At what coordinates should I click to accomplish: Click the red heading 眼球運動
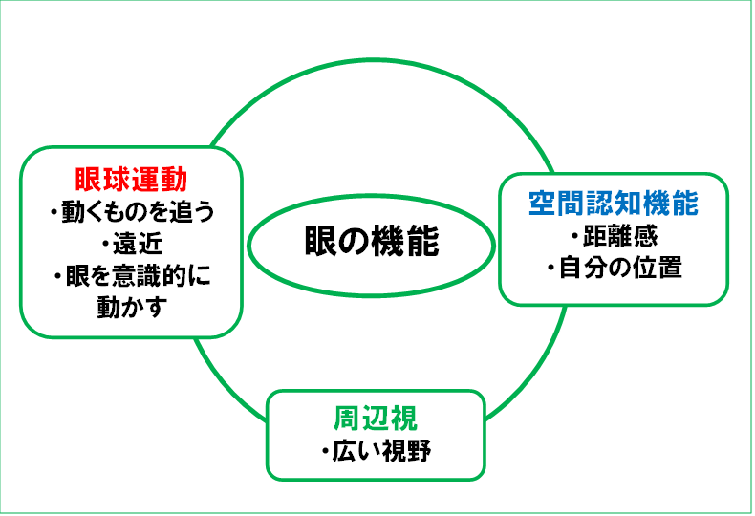coord(130,180)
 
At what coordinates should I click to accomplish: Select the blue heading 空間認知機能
coord(614,204)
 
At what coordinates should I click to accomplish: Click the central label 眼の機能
coord(372,242)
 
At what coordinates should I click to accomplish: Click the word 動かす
coord(132,309)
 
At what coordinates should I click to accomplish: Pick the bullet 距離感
coord(614,236)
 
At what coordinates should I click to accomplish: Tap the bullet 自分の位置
coord(615,269)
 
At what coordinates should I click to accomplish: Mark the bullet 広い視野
coord(377,450)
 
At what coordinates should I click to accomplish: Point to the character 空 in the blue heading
coord(544,204)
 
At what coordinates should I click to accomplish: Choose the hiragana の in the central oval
coord(355,242)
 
